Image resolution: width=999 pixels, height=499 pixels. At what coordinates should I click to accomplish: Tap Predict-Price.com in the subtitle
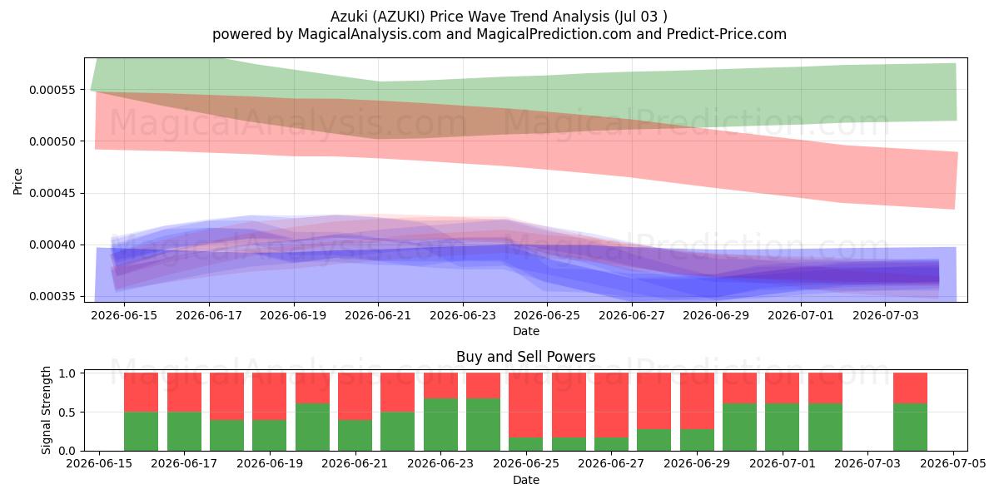(727, 34)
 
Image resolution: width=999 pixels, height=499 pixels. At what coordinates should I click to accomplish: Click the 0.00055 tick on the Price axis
(52, 90)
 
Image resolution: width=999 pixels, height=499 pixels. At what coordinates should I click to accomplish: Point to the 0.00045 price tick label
(52, 193)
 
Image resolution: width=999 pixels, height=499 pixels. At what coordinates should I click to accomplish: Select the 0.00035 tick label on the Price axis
(52, 297)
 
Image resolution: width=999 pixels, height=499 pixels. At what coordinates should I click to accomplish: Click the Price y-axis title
(17, 181)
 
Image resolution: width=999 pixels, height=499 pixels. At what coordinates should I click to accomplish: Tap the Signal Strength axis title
(46, 410)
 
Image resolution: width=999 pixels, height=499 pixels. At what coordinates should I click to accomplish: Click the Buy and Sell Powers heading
(526, 357)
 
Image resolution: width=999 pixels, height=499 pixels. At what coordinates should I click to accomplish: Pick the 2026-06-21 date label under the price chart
(378, 315)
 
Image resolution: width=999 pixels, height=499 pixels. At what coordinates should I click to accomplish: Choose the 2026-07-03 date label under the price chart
(886, 315)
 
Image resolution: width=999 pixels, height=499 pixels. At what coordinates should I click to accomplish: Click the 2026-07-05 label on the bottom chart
(953, 464)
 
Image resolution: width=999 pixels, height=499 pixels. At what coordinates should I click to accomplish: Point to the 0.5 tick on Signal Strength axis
(67, 413)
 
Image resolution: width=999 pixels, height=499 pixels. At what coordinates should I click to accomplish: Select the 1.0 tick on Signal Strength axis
(67, 373)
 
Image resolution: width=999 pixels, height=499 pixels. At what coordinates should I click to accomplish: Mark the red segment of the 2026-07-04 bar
(910, 388)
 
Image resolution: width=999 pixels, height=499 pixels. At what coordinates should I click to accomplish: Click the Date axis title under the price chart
(526, 331)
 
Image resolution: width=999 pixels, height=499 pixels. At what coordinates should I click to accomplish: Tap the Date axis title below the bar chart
(526, 480)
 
